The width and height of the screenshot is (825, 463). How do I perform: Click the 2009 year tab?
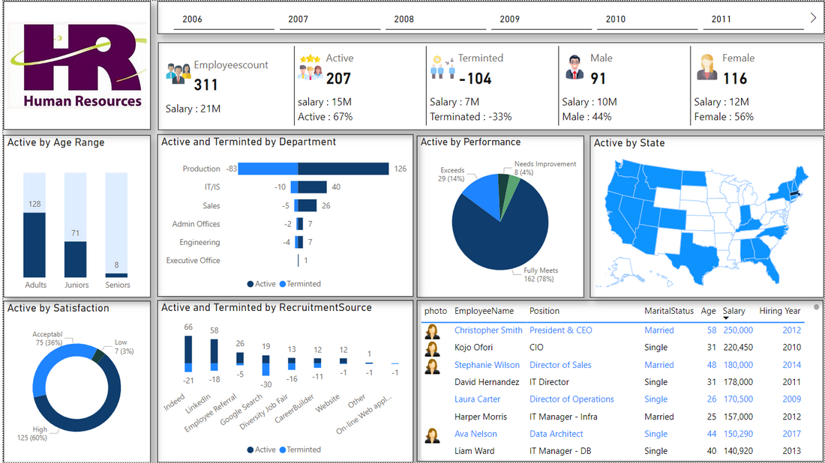click(x=509, y=19)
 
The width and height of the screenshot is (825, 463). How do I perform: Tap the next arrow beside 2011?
click(x=814, y=18)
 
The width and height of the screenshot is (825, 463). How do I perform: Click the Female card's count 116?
click(x=734, y=79)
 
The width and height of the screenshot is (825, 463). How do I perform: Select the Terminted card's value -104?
click(x=475, y=79)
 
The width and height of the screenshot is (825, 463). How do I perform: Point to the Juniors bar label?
click(x=76, y=285)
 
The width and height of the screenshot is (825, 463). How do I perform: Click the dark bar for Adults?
click(x=34, y=245)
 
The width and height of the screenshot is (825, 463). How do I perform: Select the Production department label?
click(x=201, y=169)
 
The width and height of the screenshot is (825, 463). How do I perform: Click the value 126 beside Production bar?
click(x=400, y=169)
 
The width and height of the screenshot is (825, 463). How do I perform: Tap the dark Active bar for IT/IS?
click(x=312, y=187)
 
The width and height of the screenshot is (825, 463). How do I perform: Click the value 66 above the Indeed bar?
click(x=188, y=327)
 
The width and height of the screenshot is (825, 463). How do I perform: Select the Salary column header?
click(x=733, y=311)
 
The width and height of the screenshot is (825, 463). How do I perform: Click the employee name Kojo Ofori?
click(x=473, y=348)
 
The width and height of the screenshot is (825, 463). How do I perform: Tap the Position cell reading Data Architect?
click(x=556, y=434)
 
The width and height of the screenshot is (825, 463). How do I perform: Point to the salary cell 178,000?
click(x=738, y=382)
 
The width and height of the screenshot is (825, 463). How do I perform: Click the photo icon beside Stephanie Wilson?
click(x=433, y=366)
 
